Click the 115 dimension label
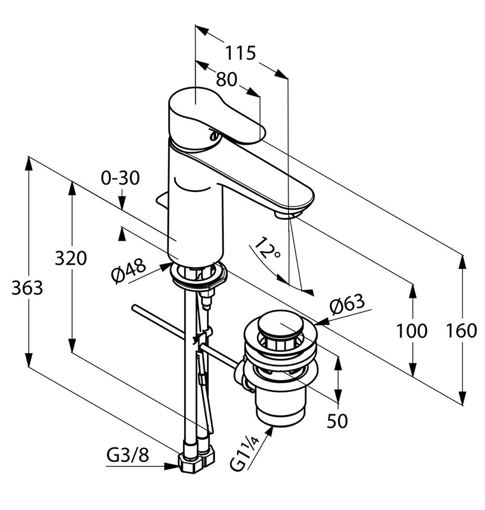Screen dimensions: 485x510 point(240,53)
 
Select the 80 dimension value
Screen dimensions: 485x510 point(227,79)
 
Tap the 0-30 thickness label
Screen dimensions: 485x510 point(120,178)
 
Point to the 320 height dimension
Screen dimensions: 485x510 point(71,258)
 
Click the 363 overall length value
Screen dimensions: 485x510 point(27,288)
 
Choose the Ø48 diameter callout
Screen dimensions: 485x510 point(128,272)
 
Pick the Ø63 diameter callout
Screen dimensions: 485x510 point(347,305)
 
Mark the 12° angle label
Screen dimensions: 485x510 point(267,248)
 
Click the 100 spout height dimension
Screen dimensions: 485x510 point(412,331)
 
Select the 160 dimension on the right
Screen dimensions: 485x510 point(461,330)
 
